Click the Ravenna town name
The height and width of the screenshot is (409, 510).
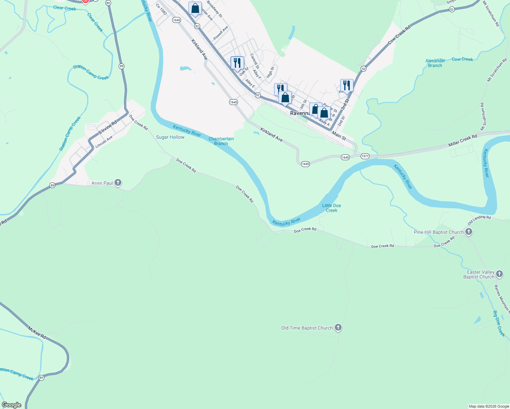tap(300, 113)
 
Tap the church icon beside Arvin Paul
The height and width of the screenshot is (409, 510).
tap(118, 183)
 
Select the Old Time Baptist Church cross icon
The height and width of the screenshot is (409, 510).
tap(338, 328)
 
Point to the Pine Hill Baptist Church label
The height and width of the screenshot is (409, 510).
tap(438, 232)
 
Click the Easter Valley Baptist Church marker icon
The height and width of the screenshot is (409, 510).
tap(499, 274)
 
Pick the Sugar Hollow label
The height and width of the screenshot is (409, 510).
tap(170, 137)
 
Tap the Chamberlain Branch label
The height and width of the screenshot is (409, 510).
tap(221, 141)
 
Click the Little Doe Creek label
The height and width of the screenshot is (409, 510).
tap(331, 208)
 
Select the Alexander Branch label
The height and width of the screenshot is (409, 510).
tap(435, 63)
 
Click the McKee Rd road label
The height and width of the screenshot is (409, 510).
tap(37, 332)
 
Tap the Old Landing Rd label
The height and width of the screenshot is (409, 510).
tap(479, 220)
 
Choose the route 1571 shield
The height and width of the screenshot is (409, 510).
tap(365, 156)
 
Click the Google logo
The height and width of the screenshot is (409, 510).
tap(12, 405)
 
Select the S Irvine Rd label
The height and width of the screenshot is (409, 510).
tap(107, 127)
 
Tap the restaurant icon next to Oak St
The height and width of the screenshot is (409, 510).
tap(237, 63)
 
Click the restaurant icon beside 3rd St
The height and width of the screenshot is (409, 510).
tap(346, 86)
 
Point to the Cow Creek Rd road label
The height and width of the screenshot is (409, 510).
tap(399, 35)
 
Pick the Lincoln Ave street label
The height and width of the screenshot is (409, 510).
tap(104, 142)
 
